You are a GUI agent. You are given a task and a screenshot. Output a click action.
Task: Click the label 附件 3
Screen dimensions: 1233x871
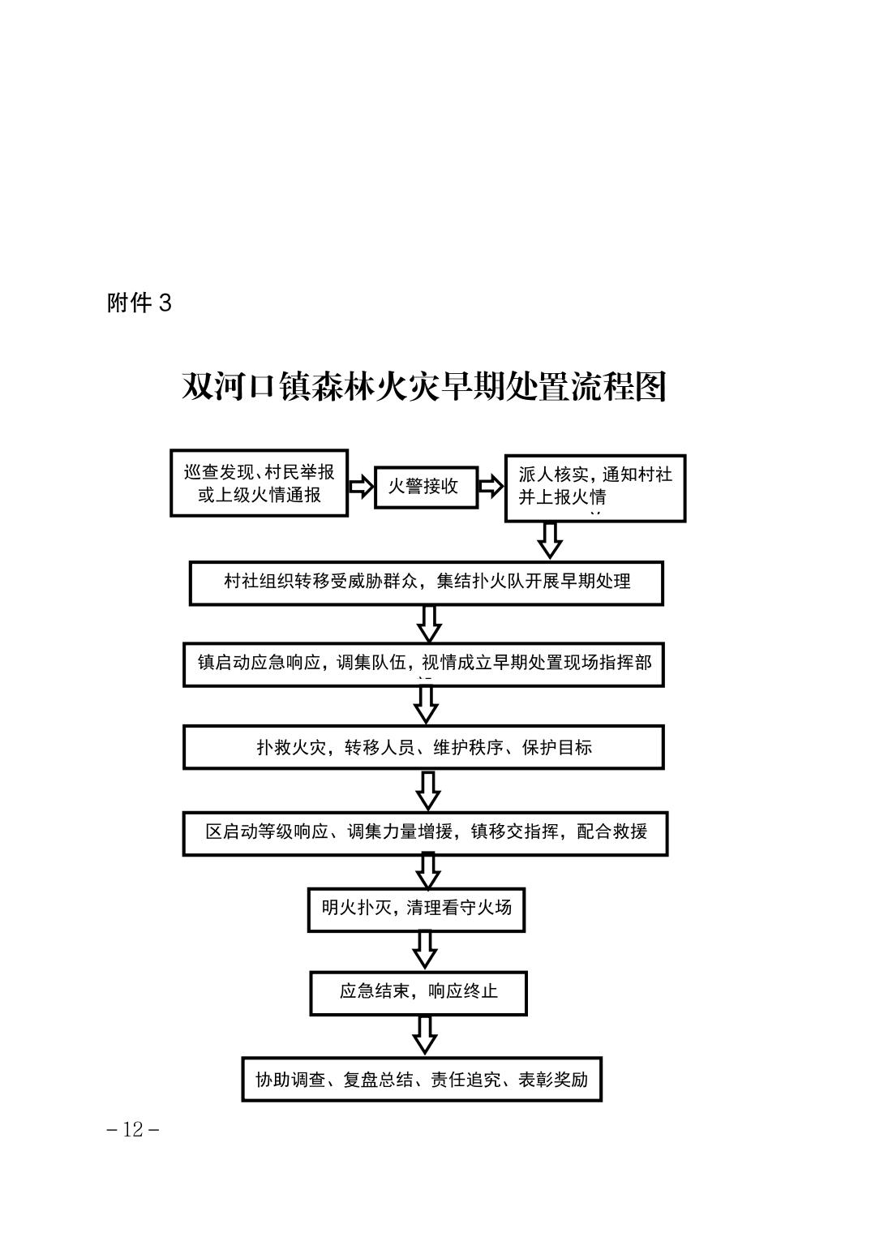click(139, 303)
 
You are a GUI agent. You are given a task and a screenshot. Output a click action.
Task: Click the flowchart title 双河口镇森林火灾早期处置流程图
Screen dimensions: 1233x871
click(424, 386)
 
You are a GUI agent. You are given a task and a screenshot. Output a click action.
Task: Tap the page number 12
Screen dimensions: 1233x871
click(133, 1129)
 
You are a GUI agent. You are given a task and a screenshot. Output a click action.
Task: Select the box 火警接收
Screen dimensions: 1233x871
click(426, 487)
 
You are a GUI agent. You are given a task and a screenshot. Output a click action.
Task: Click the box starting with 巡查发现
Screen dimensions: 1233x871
click(259, 483)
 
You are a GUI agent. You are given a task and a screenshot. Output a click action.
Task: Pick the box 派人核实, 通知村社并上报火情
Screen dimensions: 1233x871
click(595, 488)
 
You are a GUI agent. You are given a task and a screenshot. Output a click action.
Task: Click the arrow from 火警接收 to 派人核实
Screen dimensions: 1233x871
click(491, 486)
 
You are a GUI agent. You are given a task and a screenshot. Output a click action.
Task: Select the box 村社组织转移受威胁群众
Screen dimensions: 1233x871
click(426, 582)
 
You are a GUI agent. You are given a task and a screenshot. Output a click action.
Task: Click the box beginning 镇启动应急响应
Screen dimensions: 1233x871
click(423, 664)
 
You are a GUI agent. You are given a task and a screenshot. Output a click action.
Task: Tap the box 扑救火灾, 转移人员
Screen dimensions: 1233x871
click(423, 747)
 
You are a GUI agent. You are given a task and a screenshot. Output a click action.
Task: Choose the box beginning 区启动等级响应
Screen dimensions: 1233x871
click(425, 832)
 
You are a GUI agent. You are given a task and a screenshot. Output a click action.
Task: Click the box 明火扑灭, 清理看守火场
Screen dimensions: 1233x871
click(416, 909)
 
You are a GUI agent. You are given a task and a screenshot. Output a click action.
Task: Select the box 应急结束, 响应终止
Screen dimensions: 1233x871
click(418, 992)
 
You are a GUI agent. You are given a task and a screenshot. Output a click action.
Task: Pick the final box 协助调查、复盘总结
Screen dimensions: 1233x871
click(422, 1079)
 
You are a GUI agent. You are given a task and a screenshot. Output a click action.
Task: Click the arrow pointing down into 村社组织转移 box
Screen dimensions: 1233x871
click(550, 540)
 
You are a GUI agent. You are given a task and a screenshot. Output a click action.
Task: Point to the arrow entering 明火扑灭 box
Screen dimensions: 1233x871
click(427, 871)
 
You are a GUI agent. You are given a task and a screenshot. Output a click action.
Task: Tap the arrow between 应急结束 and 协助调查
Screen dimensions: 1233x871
click(424, 1034)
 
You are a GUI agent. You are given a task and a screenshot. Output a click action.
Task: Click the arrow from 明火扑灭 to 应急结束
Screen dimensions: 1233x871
click(424, 950)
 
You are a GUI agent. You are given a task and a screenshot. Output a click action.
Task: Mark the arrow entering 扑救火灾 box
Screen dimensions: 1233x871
click(426, 705)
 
